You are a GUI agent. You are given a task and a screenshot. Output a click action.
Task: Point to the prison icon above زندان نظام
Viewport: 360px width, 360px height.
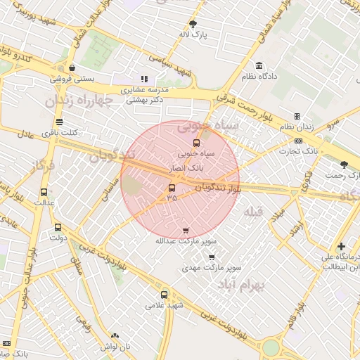click(x=297, y=117)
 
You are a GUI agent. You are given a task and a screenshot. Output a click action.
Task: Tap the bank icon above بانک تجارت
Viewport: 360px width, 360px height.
click(x=299, y=141)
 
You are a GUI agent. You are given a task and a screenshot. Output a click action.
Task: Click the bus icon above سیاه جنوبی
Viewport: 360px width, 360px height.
click(x=196, y=143)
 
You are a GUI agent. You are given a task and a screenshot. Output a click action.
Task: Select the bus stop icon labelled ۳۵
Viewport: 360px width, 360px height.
click(x=172, y=188)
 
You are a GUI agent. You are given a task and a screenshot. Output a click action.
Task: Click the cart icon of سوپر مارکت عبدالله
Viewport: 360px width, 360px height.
click(x=186, y=231)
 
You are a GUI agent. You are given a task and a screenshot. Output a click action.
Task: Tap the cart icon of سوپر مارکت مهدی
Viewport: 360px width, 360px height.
click(x=212, y=257)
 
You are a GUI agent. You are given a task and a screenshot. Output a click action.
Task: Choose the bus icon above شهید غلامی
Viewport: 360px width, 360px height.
click(x=165, y=295)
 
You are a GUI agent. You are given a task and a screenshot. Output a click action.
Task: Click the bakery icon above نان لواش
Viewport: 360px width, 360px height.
click(x=115, y=336)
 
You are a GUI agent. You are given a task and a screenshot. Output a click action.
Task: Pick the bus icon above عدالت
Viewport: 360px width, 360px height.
click(x=44, y=192)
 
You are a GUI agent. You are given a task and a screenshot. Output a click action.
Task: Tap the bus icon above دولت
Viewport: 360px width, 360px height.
click(x=58, y=227)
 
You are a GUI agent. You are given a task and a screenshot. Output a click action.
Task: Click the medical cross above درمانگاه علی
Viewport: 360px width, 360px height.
click(x=341, y=246)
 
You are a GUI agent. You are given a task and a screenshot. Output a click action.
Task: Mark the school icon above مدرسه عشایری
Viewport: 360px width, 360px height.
click(x=144, y=79)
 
